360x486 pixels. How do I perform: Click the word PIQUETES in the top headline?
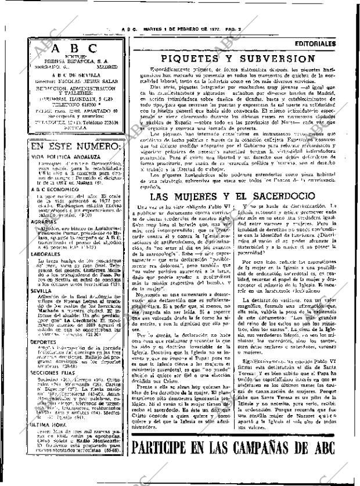point(195,59)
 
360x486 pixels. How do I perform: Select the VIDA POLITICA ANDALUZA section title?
point(59,157)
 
